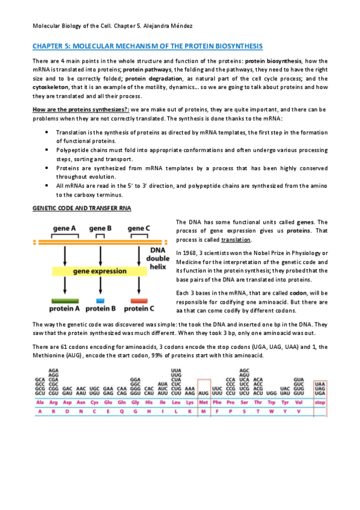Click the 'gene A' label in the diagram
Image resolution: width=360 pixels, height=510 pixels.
pos(64,229)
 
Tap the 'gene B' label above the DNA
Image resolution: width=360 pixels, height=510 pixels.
pos(100,229)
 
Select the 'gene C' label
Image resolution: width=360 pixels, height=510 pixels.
pos(138,229)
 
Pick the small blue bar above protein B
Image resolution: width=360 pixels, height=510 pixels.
pos(101,300)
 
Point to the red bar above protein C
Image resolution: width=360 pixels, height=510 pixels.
pos(138,300)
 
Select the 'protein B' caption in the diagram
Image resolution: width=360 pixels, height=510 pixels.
pos(101,309)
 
